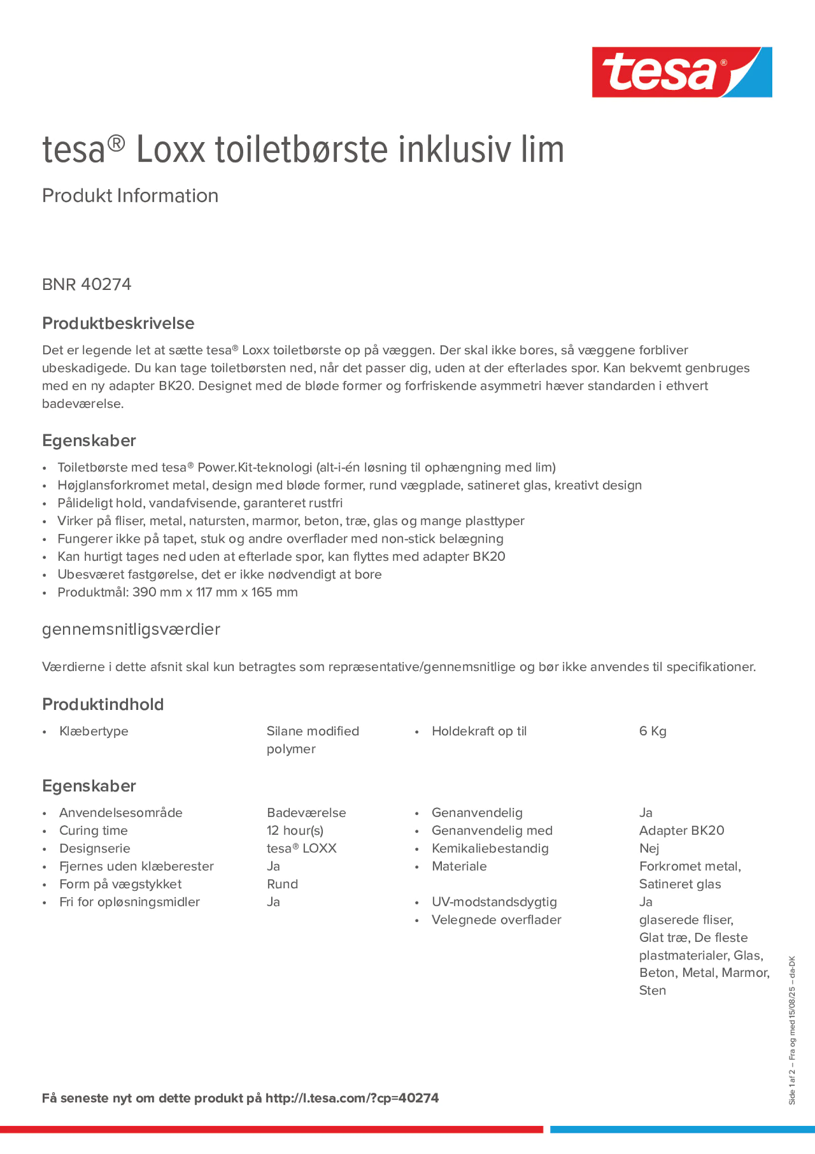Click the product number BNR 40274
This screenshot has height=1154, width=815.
coord(86,284)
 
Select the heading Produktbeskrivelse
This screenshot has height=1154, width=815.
coord(118,323)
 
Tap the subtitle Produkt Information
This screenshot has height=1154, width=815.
coord(130,196)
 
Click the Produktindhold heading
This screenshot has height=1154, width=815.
coord(102,704)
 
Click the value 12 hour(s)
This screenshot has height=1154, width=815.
coord(295,830)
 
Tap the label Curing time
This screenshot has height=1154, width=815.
coord(93,830)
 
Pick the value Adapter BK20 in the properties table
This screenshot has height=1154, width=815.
coord(682,830)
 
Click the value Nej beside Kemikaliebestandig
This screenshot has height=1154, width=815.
coord(649,849)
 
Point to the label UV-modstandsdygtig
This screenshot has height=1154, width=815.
coord(494,902)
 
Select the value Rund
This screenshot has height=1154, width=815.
coord(282,884)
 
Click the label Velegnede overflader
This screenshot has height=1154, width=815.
coord(496,920)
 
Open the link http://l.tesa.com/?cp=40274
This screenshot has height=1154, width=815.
coord(352,1098)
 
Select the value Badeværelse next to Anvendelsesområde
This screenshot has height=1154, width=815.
coord(306,813)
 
